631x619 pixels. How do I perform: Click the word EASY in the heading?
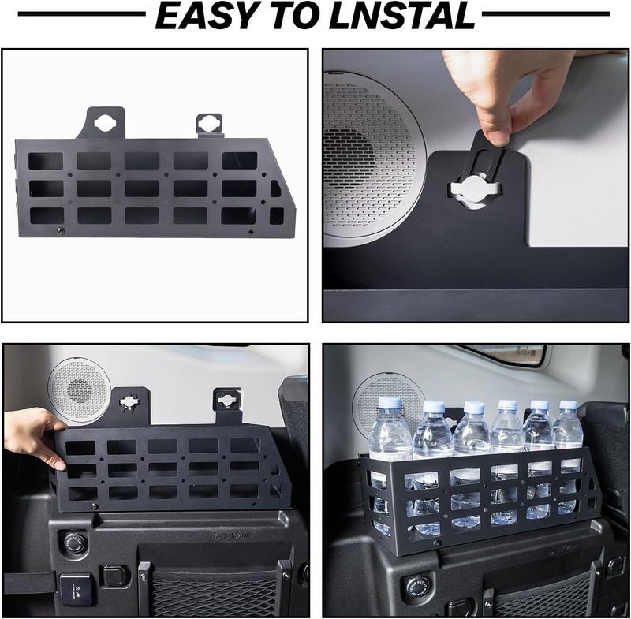pyautogui.click(x=205, y=15)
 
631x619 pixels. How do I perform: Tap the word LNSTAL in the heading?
pyautogui.click(x=402, y=15)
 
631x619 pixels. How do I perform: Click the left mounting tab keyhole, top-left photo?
pyautogui.click(x=105, y=123)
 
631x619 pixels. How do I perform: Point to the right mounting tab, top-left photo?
pyautogui.click(x=209, y=125)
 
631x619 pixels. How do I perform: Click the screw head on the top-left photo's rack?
pyautogui.click(x=61, y=230)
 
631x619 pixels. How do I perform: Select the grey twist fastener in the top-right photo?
pyautogui.click(x=476, y=188)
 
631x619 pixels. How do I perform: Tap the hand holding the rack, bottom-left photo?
pyautogui.click(x=34, y=437)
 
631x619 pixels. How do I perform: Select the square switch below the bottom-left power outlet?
pyautogui.click(x=77, y=589)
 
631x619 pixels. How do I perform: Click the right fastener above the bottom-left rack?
pyautogui.click(x=226, y=400)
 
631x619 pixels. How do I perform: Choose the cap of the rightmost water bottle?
pyautogui.click(x=568, y=405)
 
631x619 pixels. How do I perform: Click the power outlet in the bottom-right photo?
pyautogui.click(x=418, y=584)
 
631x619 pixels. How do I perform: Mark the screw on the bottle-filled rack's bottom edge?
pyautogui.click(x=436, y=543)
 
